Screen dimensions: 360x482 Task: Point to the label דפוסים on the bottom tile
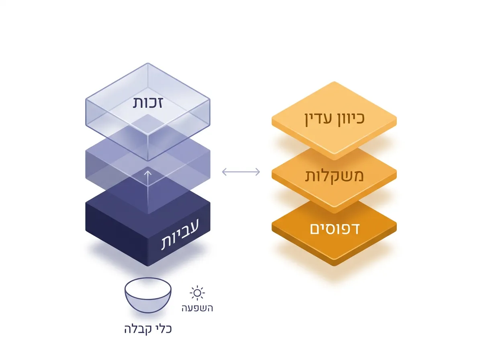(335, 229)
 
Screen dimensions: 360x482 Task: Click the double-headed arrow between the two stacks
(241, 172)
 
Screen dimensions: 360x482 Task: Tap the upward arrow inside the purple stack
(148, 189)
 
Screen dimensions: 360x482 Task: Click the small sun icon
(197, 293)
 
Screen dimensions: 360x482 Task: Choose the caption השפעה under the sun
(197, 308)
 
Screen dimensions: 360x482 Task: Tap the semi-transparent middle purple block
(108, 165)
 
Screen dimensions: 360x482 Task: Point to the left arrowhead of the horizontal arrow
(224, 172)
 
